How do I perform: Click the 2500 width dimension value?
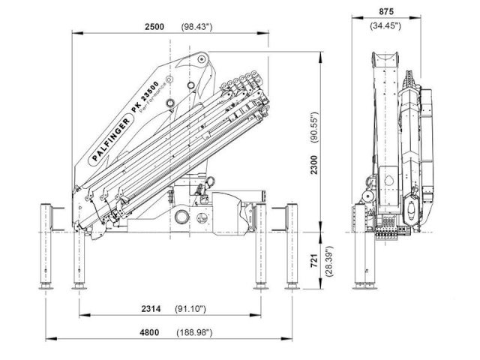coord(156,27)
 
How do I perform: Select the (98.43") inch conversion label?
coord(197,27)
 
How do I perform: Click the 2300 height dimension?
coord(323,163)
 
